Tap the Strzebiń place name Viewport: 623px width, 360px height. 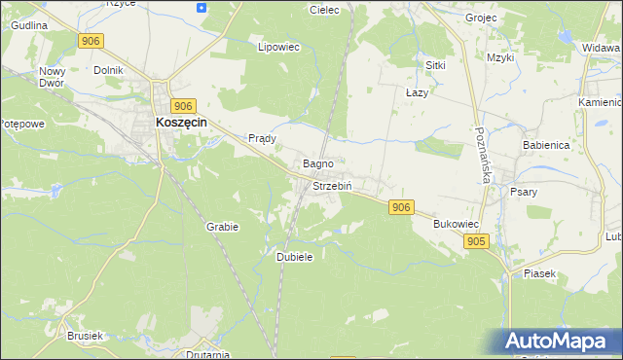point(332,185)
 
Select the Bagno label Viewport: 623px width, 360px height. point(319,163)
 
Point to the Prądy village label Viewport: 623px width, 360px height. point(263,138)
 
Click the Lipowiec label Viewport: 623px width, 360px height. point(277,46)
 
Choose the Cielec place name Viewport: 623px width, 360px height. point(323,10)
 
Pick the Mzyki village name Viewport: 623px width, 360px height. point(500,57)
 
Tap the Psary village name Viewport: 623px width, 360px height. point(524,192)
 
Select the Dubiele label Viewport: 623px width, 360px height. point(294,257)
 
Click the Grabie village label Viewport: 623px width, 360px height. point(222,226)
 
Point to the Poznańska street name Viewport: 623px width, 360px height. point(483,156)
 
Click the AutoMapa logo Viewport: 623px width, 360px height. point(560,342)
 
